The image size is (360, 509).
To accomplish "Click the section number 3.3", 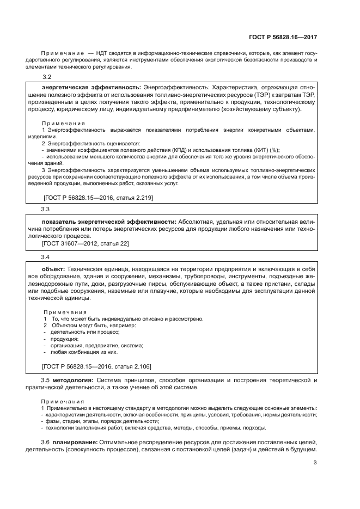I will pyautogui.click(x=46, y=209).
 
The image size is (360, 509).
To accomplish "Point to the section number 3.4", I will pyautogui.click(x=46, y=256).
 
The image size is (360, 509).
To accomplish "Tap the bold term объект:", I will pyautogui.click(x=54, y=269).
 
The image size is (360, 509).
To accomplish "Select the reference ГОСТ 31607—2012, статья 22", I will pyautogui.click(x=86, y=243).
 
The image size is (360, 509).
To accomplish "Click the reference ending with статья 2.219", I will pyautogui.click(x=97, y=198).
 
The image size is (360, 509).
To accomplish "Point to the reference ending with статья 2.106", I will pyautogui.click(x=97, y=367).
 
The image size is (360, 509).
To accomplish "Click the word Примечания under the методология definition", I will pyautogui.click(x=59, y=400).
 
